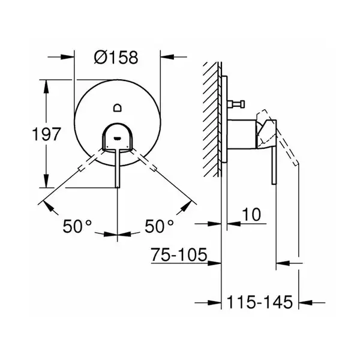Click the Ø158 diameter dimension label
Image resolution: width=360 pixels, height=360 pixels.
point(116,57)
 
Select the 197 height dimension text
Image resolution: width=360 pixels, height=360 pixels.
point(47,134)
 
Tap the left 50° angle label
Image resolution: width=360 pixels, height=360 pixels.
point(77,226)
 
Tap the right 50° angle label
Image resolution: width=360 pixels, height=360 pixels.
point(159,226)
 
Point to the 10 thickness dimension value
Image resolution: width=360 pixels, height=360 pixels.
point(251,215)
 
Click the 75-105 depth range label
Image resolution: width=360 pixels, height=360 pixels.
point(179,254)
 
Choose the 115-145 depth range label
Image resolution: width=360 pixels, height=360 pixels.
point(260,302)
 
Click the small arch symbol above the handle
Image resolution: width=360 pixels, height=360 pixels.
point(118,107)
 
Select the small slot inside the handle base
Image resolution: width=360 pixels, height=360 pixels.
point(118,138)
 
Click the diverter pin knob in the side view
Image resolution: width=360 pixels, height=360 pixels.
point(242,104)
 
